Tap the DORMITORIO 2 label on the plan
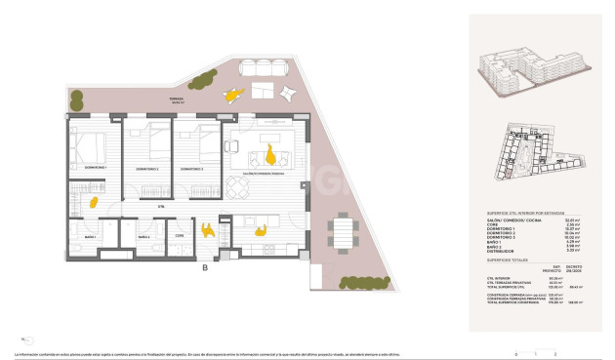click(148, 170)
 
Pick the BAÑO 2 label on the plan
click(143, 238)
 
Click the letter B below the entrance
click(204, 267)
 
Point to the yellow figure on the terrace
click(232, 96)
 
